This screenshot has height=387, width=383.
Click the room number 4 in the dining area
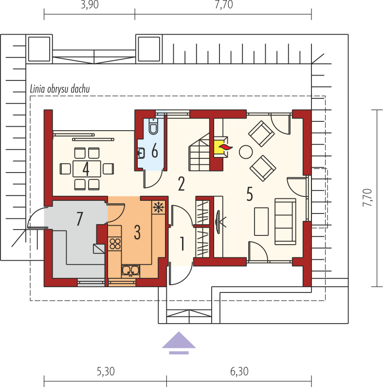(x=86, y=169)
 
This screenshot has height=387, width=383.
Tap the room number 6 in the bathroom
(x=155, y=150)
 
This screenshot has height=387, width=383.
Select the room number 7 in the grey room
(x=79, y=219)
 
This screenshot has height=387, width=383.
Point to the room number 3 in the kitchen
(x=137, y=232)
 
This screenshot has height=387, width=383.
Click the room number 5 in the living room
(x=250, y=194)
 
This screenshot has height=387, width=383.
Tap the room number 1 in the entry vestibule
(x=182, y=244)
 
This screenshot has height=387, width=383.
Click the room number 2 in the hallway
(x=182, y=184)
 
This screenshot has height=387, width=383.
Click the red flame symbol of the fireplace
(x=226, y=147)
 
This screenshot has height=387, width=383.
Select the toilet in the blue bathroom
(x=153, y=126)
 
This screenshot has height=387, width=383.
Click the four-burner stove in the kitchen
(x=115, y=244)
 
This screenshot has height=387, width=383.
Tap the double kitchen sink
(x=130, y=271)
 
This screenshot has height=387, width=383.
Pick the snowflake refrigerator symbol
(x=159, y=207)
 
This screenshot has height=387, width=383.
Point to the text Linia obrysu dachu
(x=60, y=89)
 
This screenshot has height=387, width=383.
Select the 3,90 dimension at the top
(x=90, y=5)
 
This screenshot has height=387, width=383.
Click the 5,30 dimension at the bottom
(x=106, y=371)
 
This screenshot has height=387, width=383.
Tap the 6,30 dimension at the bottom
(x=239, y=371)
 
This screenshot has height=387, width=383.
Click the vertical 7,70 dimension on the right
(x=367, y=197)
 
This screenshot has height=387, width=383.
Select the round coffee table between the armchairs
(x=245, y=152)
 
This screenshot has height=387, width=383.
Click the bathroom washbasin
(x=141, y=153)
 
